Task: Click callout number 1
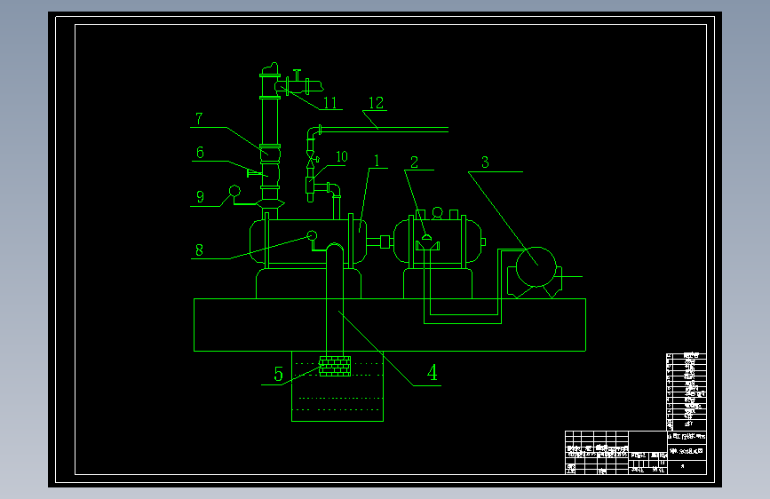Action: click(377, 162)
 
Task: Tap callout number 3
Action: click(485, 162)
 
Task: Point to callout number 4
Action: click(432, 373)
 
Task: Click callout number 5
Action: click(278, 375)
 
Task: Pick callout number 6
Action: click(200, 153)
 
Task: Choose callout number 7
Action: click(200, 118)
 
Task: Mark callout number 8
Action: click(199, 250)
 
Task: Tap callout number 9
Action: click(200, 197)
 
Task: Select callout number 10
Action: click(341, 157)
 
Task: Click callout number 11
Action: click(330, 103)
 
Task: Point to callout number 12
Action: click(376, 103)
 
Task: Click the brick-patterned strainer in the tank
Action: click(335, 365)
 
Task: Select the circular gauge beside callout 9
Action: click(235, 190)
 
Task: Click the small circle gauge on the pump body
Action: click(313, 235)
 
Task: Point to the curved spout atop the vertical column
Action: click(269, 68)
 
